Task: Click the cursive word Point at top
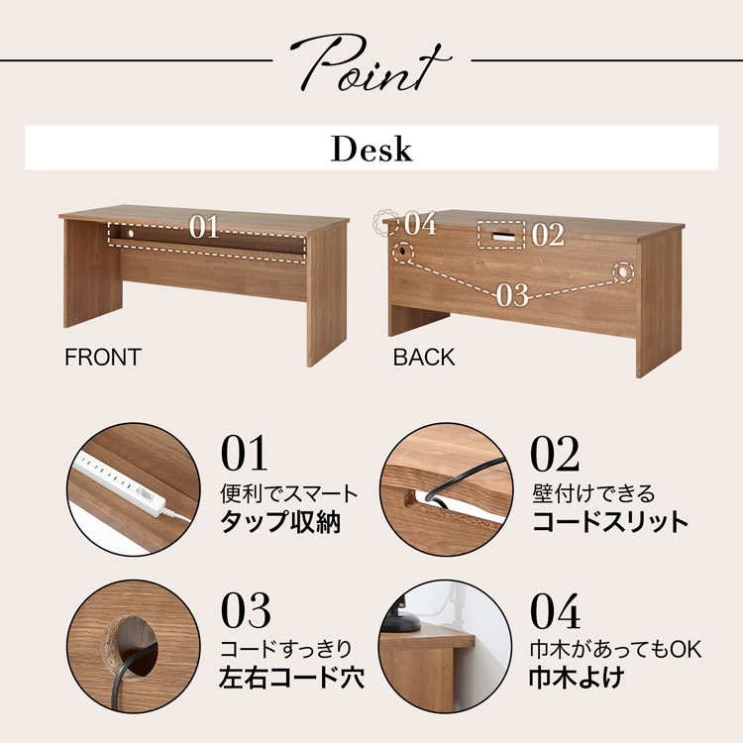coord(371,63)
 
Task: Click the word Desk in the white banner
coord(371,149)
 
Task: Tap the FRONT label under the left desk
coord(103,357)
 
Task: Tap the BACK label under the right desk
coord(424,357)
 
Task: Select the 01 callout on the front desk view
coord(204,227)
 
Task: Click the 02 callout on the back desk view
coord(548,235)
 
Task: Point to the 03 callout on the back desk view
coord(512,295)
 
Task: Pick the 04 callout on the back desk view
coord(420,223)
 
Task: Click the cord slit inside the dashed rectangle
coord(503,236)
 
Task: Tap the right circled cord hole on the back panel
coord(622,272)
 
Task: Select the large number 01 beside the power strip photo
coord(244,453)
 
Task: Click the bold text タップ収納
coord(280,521)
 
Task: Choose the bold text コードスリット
coord(610,521)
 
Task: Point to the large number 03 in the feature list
coord(246,610)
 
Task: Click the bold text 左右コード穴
coord(291,678)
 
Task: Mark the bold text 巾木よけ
coord(577,678)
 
